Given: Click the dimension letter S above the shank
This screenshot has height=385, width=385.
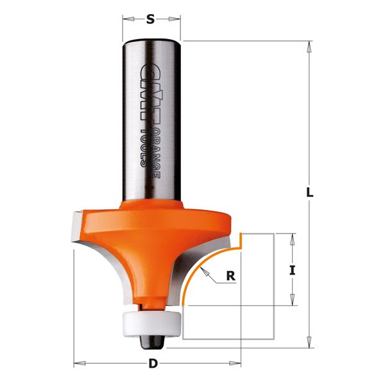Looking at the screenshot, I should click(x=151, y=19).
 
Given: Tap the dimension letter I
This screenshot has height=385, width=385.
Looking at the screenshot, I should click(x=293, y=270).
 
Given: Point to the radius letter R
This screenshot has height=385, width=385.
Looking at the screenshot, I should click(x=230, y=277).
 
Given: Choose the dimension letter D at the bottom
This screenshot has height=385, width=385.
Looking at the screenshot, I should click(x=153, y=364).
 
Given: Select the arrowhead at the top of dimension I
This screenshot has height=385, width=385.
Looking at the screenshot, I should click(x=293, y=236).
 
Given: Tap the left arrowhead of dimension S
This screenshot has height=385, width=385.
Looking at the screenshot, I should click(x=126, y=19).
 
